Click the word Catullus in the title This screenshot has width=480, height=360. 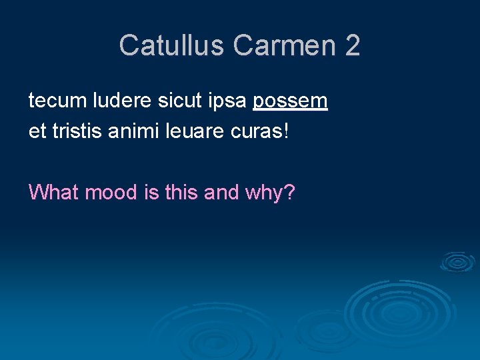point(173,45)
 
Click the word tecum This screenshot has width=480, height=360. point(57,101)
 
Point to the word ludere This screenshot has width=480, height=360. point(119,101)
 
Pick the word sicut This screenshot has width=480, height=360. point(175,101)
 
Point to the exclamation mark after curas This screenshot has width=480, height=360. point(287,131)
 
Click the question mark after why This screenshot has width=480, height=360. point(290,193)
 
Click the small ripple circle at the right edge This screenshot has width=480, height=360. point(457,262)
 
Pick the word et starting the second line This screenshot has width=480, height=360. point(37,131)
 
